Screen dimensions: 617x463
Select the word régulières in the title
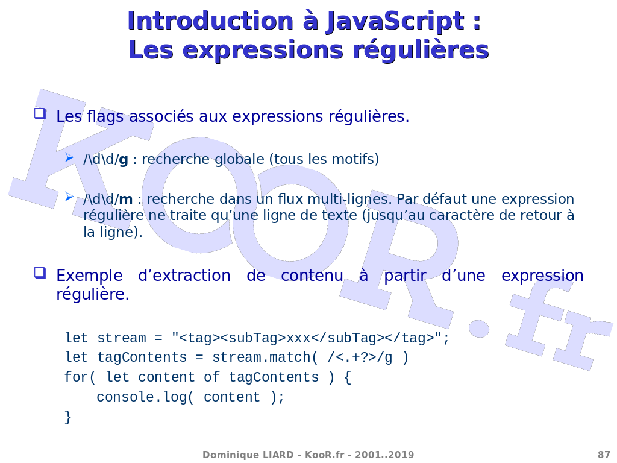pos(421,51)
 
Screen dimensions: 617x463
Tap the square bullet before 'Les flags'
pos(40,114)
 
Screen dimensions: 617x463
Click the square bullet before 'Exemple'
pos(40,273)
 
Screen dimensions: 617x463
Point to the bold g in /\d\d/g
pos(123,160)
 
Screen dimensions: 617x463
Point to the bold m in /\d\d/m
pos(125,200)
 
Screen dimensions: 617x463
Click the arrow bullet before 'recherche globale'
pos(69,157)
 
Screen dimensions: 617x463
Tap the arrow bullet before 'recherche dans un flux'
pos(69,197)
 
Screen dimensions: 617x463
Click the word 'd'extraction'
pos(184,275)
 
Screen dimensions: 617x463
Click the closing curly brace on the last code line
pos(68,417)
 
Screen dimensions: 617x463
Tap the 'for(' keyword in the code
pos(80,377)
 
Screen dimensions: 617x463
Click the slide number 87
pos(604,455)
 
